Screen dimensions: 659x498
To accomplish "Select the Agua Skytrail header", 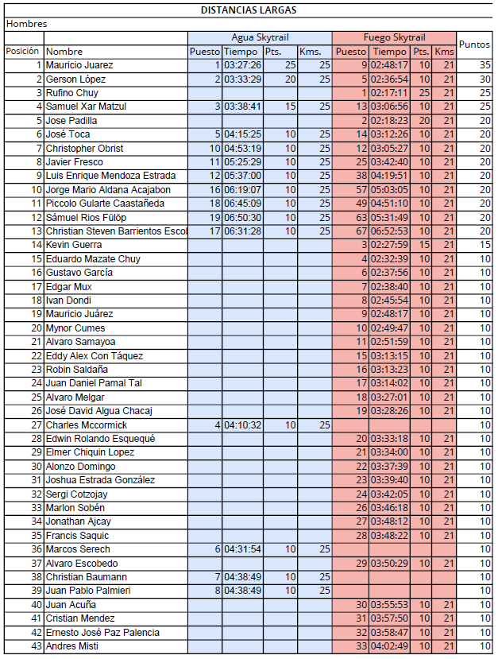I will [260, 37].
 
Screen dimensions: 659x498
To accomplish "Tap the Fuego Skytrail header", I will [394, 37].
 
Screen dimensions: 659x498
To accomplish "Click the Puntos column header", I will [475, 45].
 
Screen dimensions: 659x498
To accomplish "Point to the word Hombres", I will [26, 24].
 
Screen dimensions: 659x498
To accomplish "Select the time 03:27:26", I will [242, 65].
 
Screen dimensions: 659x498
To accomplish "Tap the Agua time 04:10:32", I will [242, 425].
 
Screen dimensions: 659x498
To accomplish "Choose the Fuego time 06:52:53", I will [390, 231].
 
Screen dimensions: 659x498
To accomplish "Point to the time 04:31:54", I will [242, 549].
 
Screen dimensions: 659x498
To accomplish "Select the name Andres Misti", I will [72, 646].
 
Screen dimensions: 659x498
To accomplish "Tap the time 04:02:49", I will [390, 646].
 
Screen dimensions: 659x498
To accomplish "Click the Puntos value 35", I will [484, 65].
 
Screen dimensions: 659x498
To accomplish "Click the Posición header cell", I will [22, 51].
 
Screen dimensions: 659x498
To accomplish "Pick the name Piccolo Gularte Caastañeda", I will [105, 204].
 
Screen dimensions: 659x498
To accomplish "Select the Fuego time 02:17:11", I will [390, 93].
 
